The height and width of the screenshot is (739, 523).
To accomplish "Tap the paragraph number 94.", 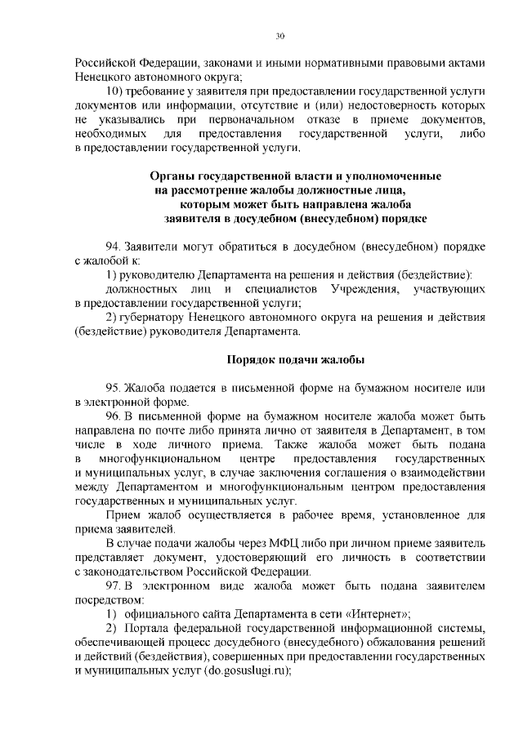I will pos(114,246).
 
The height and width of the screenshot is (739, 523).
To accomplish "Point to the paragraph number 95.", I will pos(114,387).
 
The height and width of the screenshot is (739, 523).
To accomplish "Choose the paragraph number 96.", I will pos(114,416).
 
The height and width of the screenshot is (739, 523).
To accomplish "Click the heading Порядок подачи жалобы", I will pos(295,359).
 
